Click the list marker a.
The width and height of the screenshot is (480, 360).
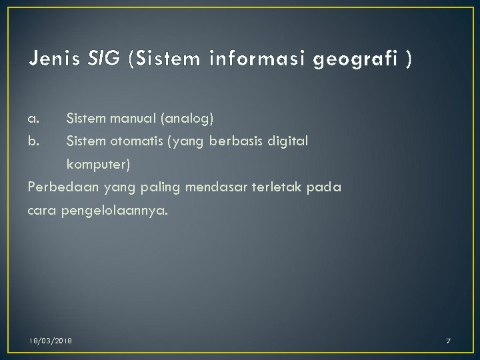coord(34,119)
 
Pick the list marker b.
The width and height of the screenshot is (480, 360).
coord(34,141)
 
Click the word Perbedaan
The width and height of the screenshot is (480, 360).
coord(59,188)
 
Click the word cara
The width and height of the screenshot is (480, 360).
coord(42,211)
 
